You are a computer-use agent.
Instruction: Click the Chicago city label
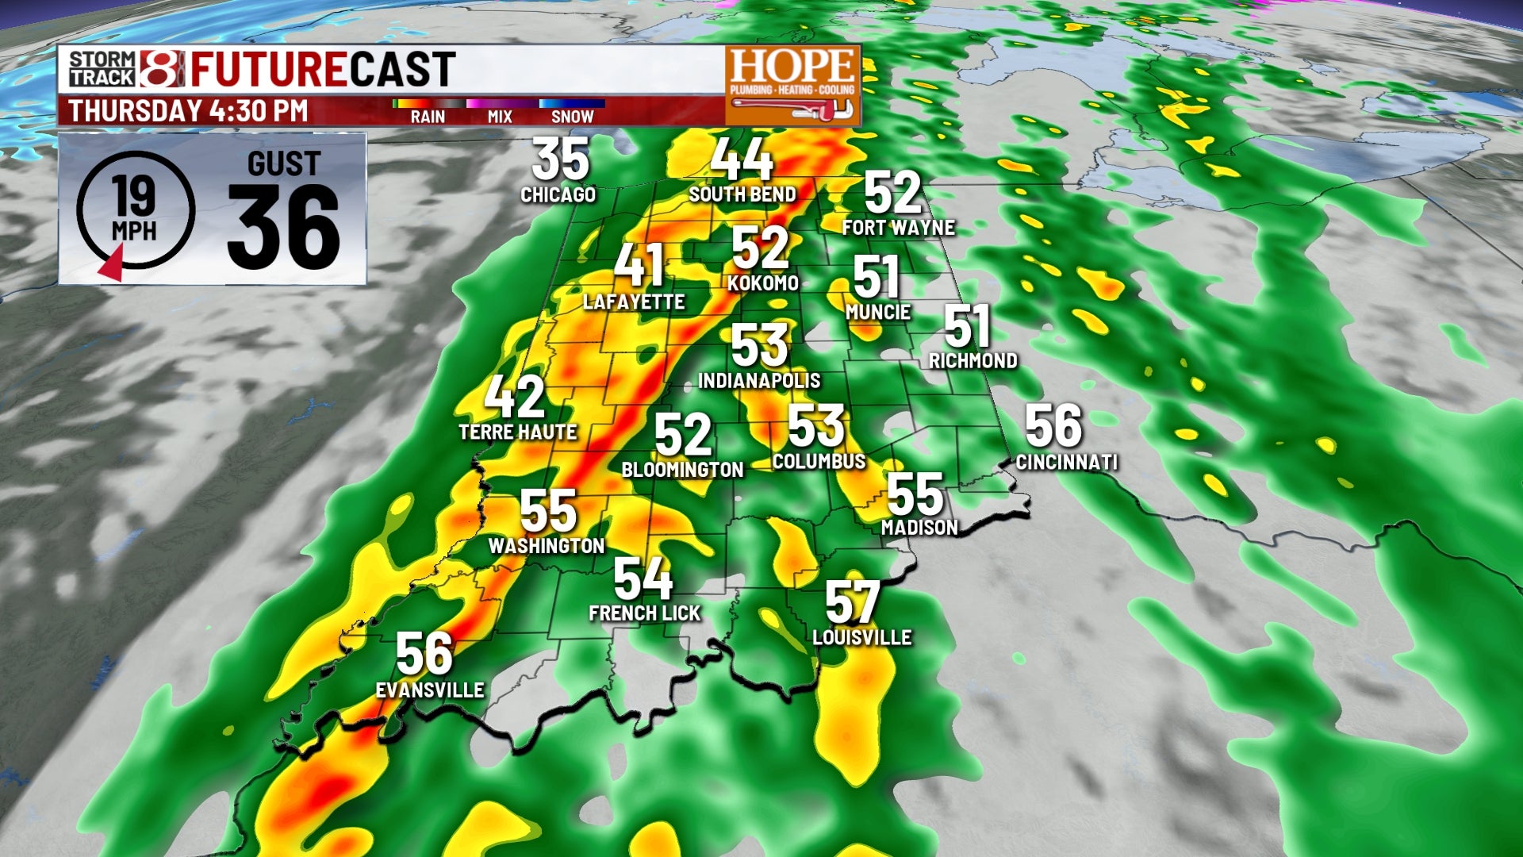558,194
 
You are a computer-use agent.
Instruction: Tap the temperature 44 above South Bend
741,159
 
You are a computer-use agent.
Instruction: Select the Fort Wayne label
898,228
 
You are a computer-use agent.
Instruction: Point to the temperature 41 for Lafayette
639,265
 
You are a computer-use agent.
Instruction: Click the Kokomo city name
762,283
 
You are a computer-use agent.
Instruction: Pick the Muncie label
877,313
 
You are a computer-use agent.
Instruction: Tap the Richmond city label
972,361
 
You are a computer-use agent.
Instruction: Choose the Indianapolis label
759,381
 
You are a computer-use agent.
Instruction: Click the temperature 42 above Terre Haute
515,397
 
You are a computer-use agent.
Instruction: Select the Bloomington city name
682,470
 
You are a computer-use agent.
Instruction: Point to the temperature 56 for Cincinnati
1053,426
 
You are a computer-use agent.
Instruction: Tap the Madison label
919,527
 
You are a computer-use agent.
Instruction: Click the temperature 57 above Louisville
853,602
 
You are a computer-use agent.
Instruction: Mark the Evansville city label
430,690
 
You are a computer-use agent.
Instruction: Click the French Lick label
645,613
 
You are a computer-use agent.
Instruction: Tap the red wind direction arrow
112,263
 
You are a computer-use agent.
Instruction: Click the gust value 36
283,228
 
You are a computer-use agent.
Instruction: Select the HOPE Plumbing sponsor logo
792,85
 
